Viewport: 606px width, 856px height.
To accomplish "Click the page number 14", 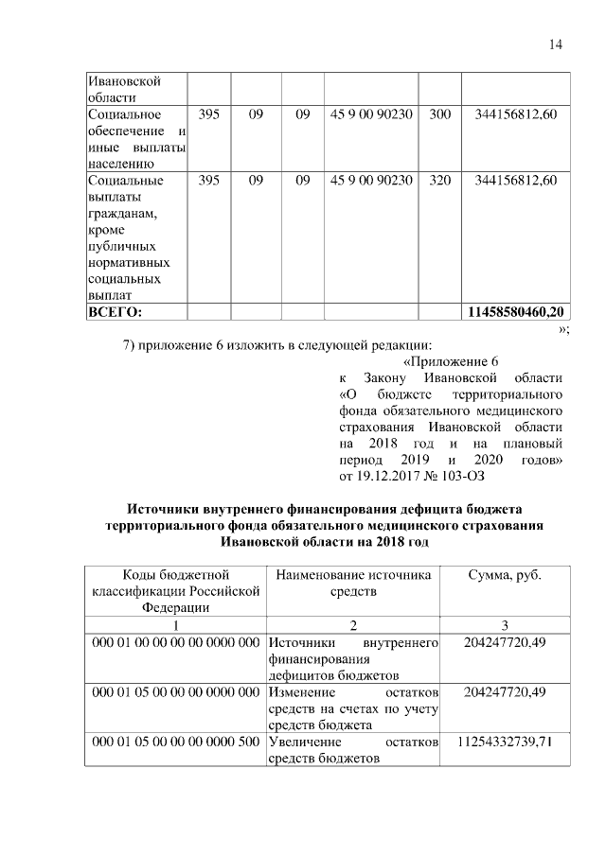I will tap(556, 44).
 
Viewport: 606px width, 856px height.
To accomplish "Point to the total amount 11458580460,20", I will tap(516, 311).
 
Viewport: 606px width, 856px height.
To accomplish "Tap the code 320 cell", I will tap(439, 179).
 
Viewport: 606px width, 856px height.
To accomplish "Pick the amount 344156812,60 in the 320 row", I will tap(516, 179).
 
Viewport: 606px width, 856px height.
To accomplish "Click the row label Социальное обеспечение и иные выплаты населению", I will tap(134, 131).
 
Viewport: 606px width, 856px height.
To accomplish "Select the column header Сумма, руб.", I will tap(505, 575).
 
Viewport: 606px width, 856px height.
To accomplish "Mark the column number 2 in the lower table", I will tap(352, 625).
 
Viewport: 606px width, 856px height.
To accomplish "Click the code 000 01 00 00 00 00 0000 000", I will tap(175, 642).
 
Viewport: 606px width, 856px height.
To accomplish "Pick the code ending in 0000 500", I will tap(175, 741).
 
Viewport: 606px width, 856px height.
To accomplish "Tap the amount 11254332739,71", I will tap(505, 741).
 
